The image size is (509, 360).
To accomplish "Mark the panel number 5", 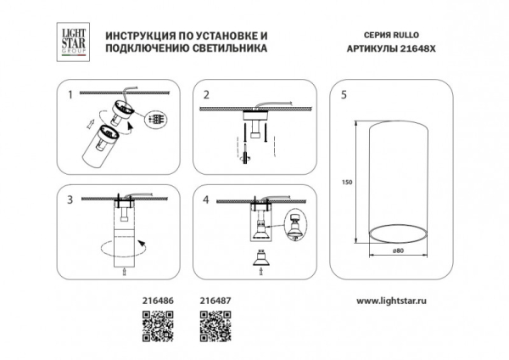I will pyautogui.click(x=343, y=95).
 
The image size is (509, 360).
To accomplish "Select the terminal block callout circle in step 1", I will pyautogui.click(x=155, y=120).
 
